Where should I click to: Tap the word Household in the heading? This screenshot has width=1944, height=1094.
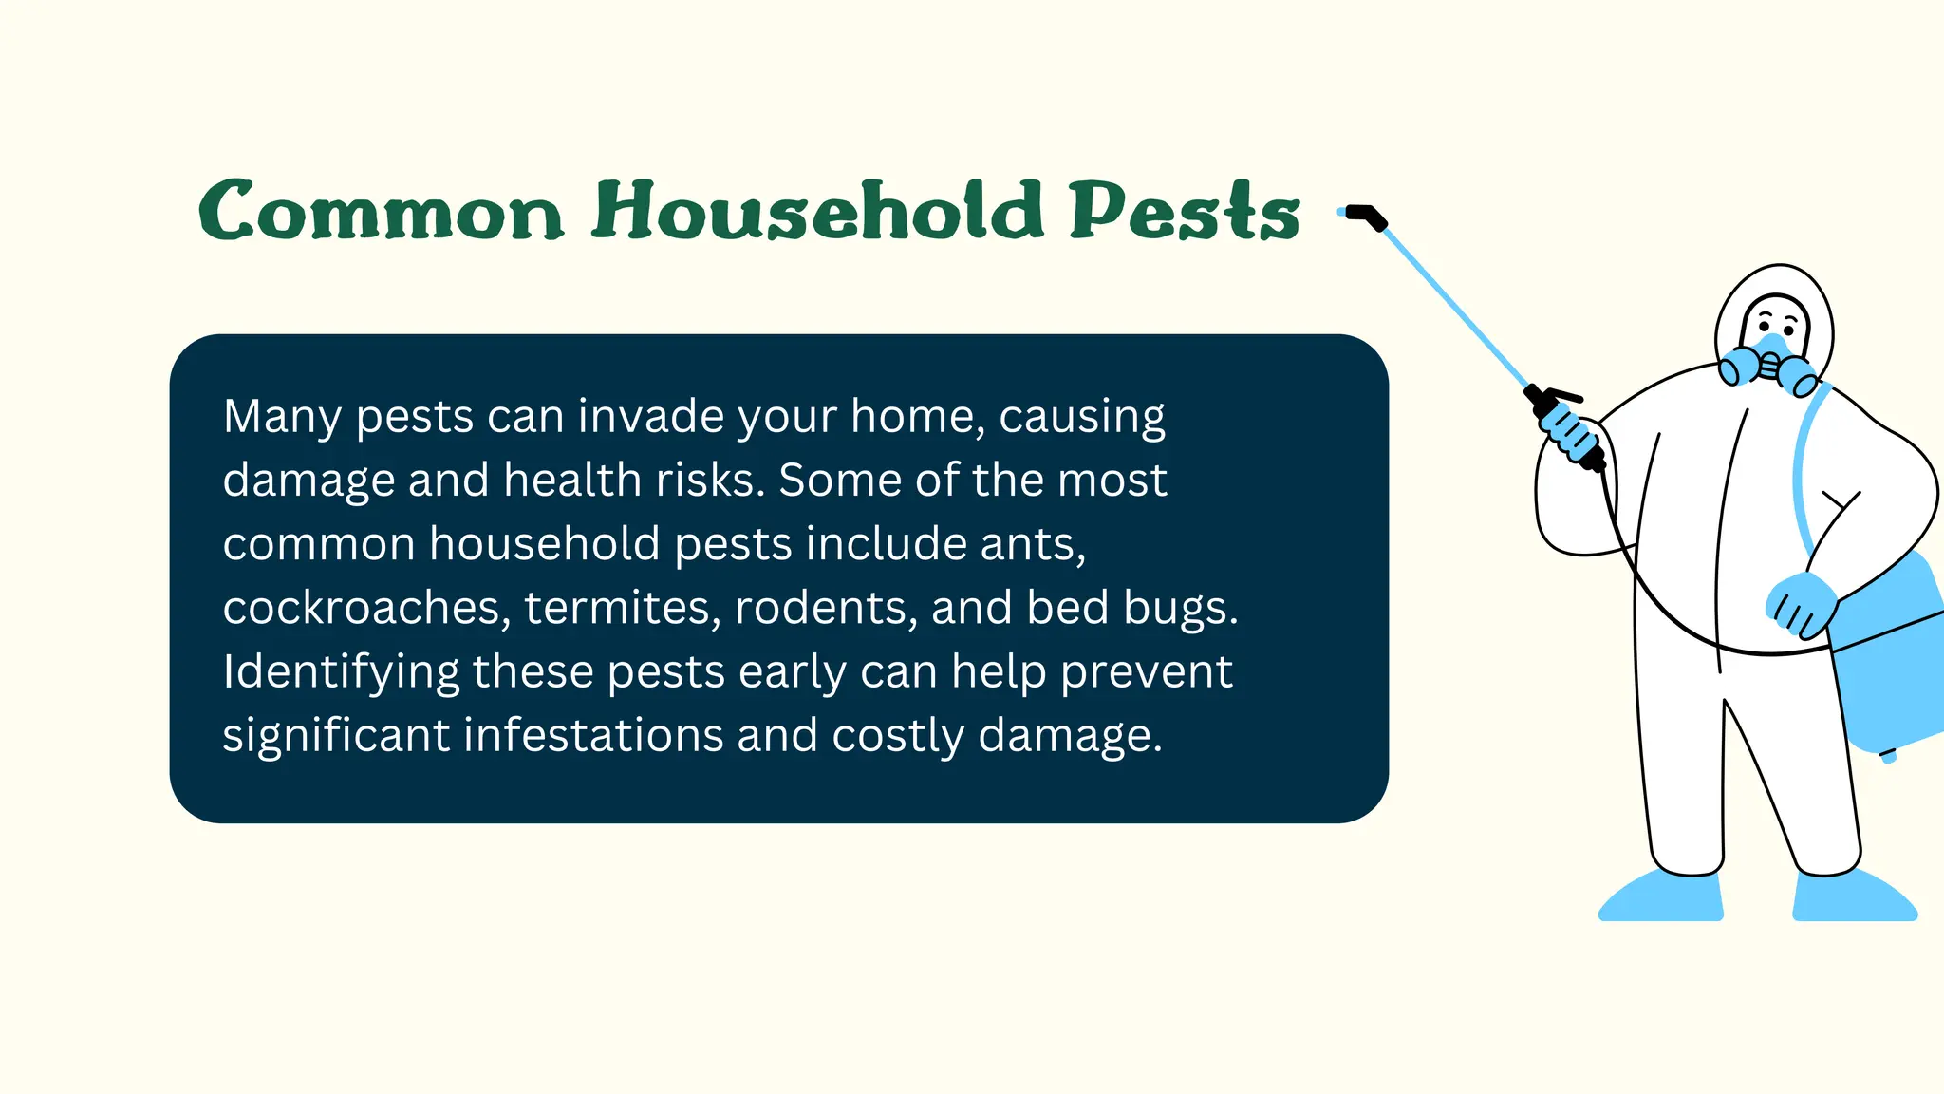click(817, 211)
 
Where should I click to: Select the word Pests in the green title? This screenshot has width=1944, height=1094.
click(1184, 211)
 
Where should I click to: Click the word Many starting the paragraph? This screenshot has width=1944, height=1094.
click(281, 417)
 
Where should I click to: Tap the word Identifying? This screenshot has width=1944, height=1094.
click(340, 672)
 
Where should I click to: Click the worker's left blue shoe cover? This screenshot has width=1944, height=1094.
click(1663, 897)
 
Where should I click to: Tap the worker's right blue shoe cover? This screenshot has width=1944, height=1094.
click(1851, 897)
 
